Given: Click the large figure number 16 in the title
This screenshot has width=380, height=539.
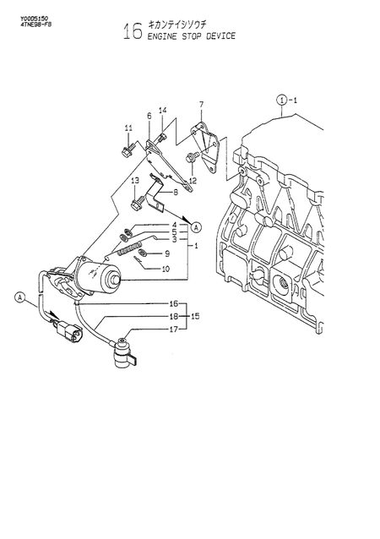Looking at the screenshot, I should tap(132, 32).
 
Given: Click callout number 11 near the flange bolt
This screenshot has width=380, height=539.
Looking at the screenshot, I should tap(128, 128).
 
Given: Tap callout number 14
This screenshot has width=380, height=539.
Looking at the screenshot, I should tap(163, 111).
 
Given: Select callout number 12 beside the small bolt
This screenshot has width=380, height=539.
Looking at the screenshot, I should tap(193, 181).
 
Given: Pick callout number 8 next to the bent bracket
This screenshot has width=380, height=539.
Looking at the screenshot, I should tap(175, 192).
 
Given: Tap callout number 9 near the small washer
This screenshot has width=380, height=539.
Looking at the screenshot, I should tap(166, 253).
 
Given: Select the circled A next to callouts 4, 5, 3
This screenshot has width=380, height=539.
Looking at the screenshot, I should tap(196, 226).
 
